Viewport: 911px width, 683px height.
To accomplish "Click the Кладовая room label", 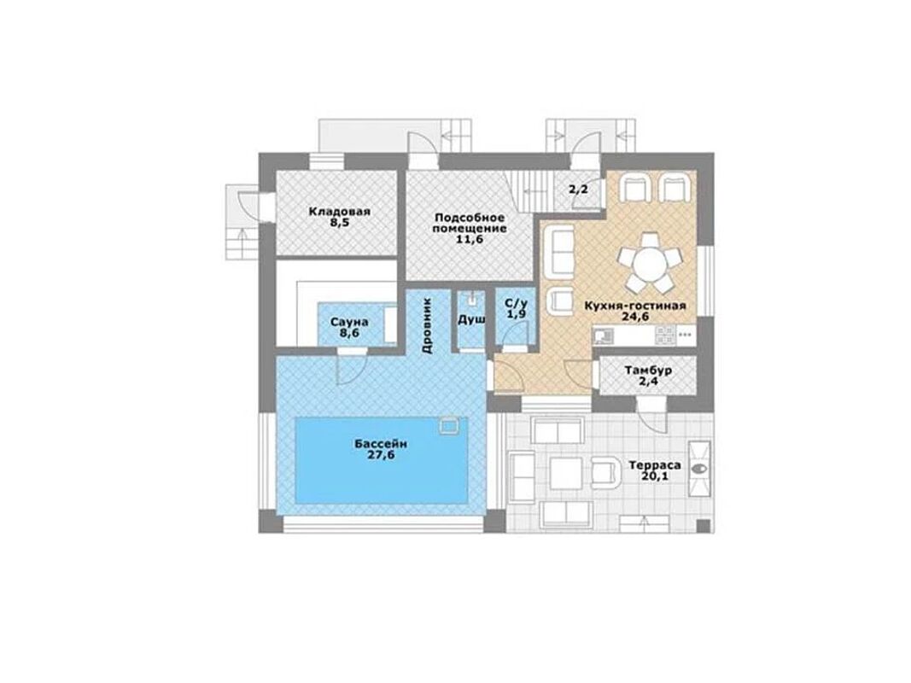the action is click(339, 212).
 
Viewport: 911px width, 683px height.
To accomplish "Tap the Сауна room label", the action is click(349, 323).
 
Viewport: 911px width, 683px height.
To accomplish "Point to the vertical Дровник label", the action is click(427, 326).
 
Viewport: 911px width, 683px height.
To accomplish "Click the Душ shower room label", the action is click(471, 320).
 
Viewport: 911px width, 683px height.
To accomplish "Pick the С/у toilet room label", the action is click(516, 303).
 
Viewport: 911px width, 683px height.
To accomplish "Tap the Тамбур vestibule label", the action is click(648, 370).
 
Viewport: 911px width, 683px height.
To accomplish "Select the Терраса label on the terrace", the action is click(655, 466).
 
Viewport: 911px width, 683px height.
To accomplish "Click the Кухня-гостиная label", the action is click(635, 306).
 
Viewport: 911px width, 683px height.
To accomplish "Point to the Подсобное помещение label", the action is click(470, 223).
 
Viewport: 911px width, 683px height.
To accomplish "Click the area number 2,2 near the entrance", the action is click(577, 190).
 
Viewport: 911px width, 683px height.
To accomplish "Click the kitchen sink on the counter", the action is click(603, 335).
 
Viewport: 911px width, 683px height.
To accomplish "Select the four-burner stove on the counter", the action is click(665, 334).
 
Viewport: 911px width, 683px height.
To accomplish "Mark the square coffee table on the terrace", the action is click(566, 473).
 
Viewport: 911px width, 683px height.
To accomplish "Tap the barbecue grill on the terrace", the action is click(699, 469).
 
